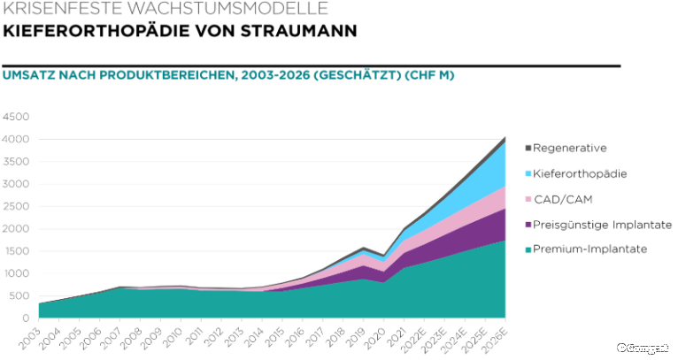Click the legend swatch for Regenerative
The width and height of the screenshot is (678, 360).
pos(528,149)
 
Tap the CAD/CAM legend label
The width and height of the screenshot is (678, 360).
pos(563,199)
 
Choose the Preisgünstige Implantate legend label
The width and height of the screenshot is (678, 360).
pos(602,225)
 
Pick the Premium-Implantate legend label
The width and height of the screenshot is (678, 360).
pos(589,249)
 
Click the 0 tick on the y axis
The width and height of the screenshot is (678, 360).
pos(26,318)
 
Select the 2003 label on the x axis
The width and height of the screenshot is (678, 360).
pos(31,335)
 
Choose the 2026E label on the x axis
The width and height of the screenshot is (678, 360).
pos(497,338)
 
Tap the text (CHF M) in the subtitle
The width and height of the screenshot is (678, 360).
pos(429,75)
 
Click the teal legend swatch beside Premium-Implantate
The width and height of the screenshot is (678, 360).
pos(528,249)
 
